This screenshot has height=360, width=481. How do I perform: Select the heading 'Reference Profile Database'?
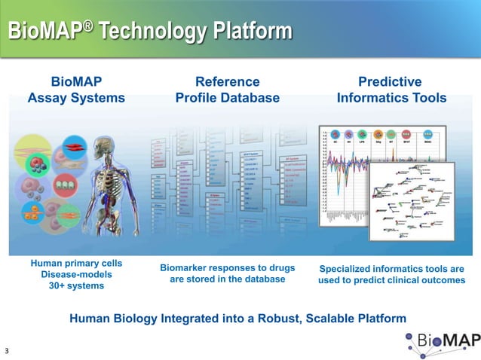[x=227, y=90]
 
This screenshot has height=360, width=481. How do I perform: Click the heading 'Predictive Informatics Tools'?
[x=391, y=90]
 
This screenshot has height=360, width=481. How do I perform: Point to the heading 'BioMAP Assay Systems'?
[x=76, y=90]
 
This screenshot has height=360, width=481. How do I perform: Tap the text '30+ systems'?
[x=77, y=286]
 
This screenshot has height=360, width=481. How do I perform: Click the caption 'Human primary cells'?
[x=77, y=263]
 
